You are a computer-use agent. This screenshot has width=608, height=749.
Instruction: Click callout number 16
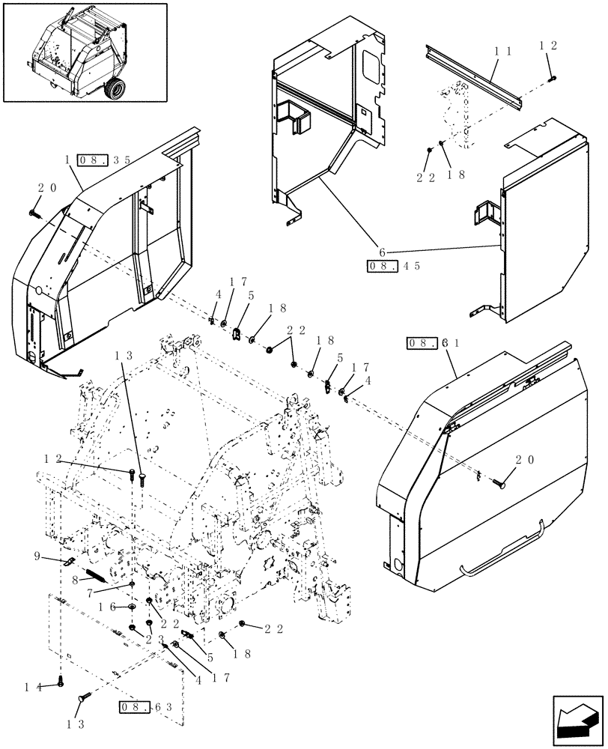pyautogui.click(x=106, y=607)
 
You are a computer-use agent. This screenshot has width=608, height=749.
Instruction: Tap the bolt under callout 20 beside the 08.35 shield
pyautogui.click(x=36, y=214)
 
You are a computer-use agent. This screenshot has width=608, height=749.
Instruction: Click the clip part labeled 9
pyautogui.click(x=67, y=560)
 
